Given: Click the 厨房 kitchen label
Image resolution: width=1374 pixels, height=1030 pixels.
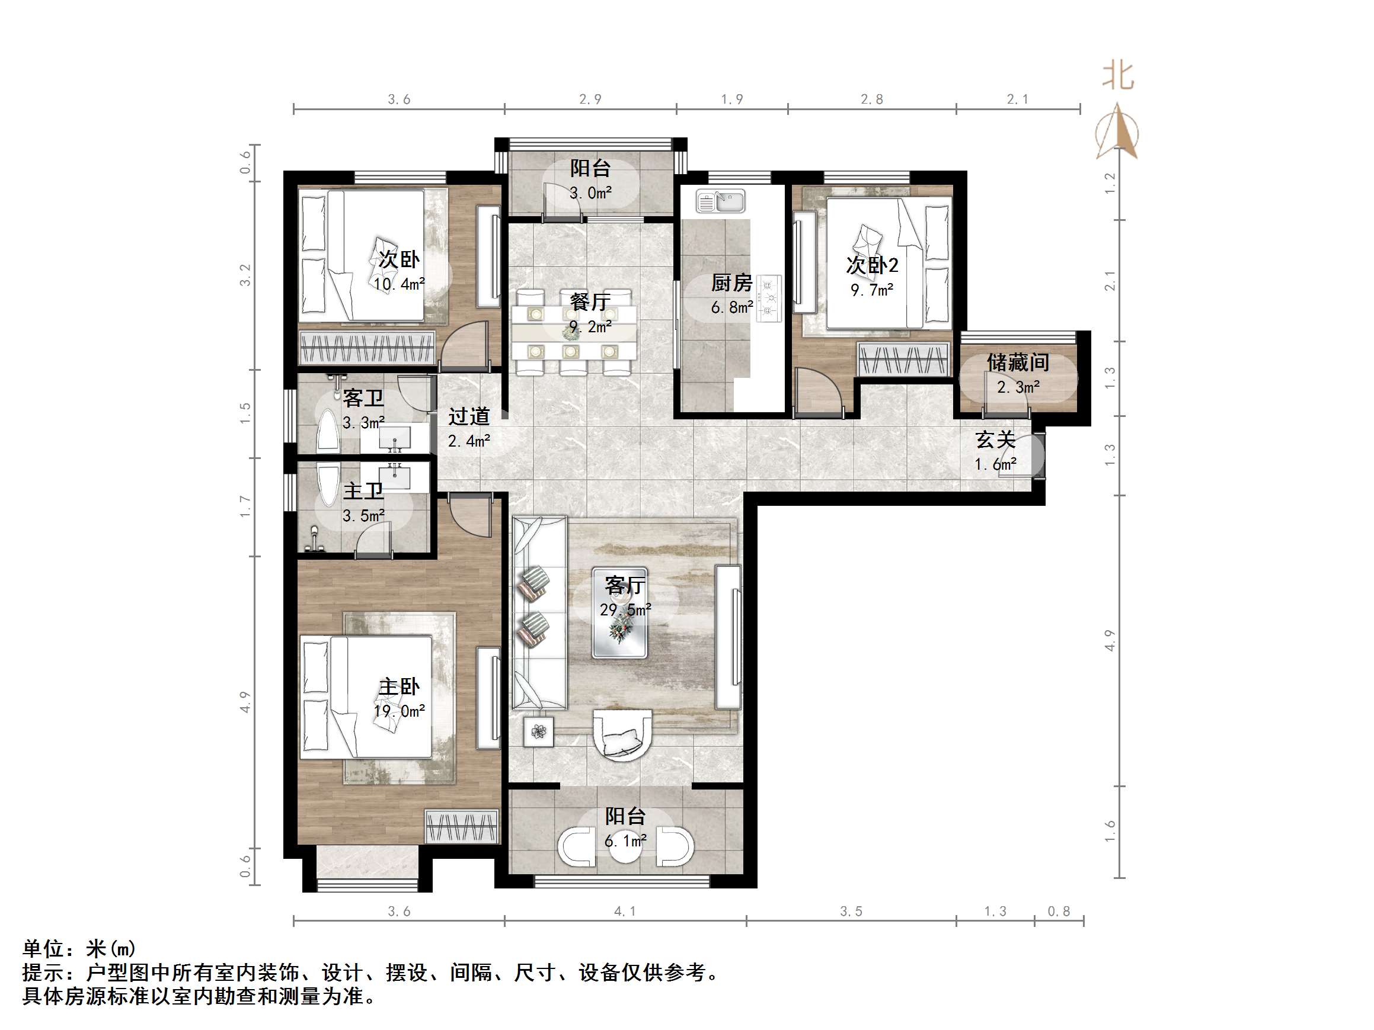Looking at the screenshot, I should (x=731, y=283).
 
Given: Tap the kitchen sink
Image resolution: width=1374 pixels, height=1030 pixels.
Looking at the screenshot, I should (x=721, y=201).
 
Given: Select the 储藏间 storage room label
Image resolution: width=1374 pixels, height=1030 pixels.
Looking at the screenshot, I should (x=1017, y=362).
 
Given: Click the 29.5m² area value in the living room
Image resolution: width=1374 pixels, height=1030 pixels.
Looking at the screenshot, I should (x=625, y=609).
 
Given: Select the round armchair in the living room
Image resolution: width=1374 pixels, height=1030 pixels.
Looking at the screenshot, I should (x=623, y=735).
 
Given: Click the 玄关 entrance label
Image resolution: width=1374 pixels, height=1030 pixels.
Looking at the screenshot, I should (x=995, y=439).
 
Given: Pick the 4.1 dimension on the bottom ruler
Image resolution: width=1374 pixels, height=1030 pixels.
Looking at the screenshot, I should (x=625, y=911).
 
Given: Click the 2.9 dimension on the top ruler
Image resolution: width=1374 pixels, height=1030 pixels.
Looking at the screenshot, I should (x=590, y=100).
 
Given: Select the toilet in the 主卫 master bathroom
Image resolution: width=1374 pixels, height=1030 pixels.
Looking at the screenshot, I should (x=314, y=539).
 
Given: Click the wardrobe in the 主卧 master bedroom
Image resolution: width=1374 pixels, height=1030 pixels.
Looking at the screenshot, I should (x=462, y=826).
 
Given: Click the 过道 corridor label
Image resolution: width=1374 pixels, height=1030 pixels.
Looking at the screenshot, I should (x=469, y=416).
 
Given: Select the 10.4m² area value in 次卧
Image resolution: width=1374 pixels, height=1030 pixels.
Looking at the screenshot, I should (x=399, y=284).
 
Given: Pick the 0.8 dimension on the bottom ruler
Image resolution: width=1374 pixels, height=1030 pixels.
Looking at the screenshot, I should (x=1059, y=911).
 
